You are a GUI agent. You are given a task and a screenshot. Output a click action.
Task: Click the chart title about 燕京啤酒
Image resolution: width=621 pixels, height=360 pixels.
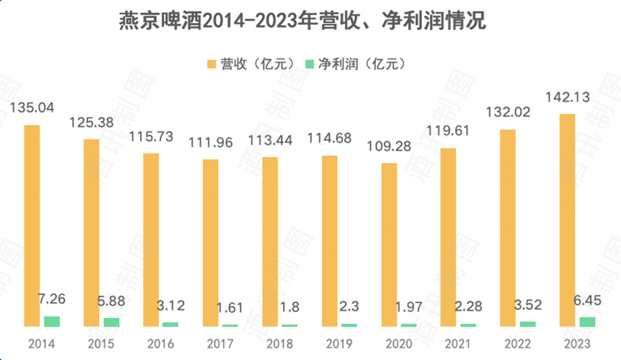point(302,22)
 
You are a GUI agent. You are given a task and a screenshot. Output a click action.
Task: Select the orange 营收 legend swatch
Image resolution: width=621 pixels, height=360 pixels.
point(210,63)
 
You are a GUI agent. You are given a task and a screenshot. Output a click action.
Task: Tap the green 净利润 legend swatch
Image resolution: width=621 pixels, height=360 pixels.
point(309,63)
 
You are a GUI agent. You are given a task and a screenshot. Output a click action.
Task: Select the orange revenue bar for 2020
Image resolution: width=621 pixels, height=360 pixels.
point(389,244)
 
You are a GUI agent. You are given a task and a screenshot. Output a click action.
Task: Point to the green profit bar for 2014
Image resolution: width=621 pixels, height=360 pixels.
point(52,321)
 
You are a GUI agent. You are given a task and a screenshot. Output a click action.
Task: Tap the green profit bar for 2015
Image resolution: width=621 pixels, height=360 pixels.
point(112,322)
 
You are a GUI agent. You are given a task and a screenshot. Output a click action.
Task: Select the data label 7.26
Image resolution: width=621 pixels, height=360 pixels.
point(52,299)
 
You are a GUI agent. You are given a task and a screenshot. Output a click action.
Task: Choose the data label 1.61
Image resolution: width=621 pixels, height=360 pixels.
point(230,307)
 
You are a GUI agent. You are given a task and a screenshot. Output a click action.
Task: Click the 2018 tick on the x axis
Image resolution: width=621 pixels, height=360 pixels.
point(279,344)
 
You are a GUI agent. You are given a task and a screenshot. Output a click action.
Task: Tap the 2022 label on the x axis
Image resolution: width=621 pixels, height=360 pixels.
point(517,344)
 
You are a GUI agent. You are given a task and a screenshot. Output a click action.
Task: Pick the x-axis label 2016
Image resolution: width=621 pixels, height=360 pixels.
point(160,344)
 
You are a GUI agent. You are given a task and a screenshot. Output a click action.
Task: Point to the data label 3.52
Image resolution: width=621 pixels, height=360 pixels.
point(527,305)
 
